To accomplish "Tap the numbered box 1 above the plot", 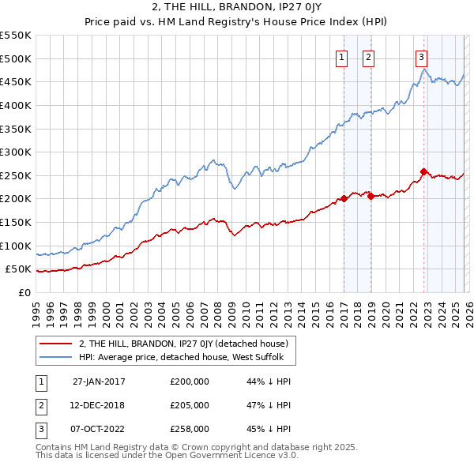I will (342, 56).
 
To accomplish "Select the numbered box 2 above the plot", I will (369, 56).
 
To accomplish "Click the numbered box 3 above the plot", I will (422, 56).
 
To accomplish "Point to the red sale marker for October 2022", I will (424, 171).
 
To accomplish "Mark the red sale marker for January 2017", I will (344, 199).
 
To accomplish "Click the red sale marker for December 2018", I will (371, 197).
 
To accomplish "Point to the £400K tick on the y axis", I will (16, 105).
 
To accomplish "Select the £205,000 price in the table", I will (190, 405).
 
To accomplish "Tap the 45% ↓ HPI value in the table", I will (269, 429).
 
